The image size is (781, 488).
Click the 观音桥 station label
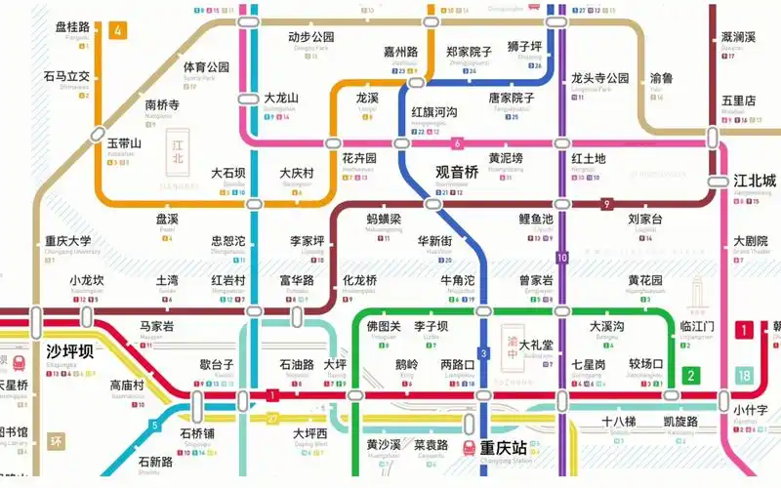[x=457, y=172]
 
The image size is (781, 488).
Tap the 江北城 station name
[x=755, y=181]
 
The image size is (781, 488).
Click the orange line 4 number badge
[x=119, y=30]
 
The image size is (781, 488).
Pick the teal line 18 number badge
[x=745, y=376]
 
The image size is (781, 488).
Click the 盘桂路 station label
[x=72, y=26]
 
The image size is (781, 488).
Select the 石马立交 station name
[x=66, y=76]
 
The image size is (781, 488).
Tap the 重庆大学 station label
[x=68, y=241]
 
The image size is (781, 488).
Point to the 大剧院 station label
[x=751, y=241]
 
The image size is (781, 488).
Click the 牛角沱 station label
[x=458, y=281]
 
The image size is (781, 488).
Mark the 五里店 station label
[x=739, y=101]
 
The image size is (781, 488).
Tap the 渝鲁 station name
[x=661, y=78]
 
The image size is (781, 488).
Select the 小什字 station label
[x=752, y=410]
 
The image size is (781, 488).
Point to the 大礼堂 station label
[x=536, y=345]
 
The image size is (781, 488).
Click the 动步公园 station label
[x=311, y=37]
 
